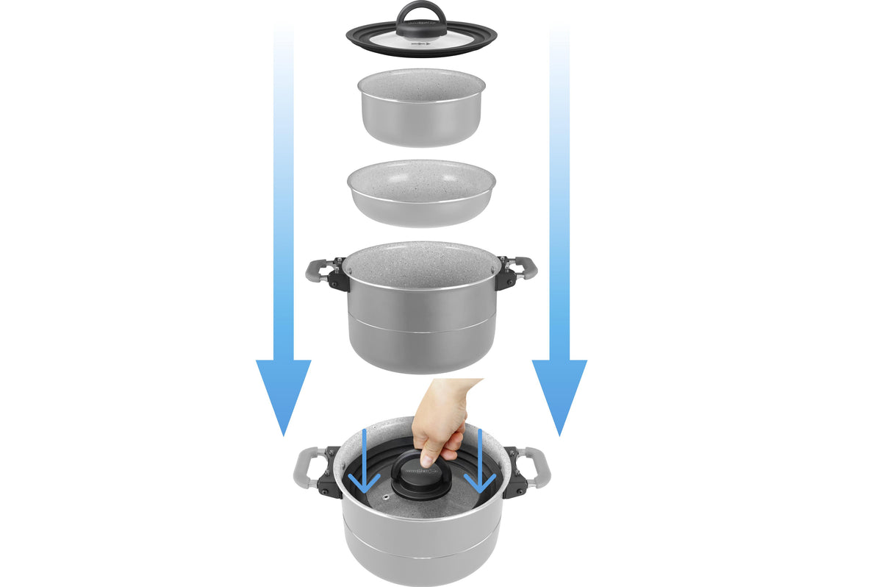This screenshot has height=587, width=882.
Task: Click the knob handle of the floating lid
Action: [421, 16]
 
